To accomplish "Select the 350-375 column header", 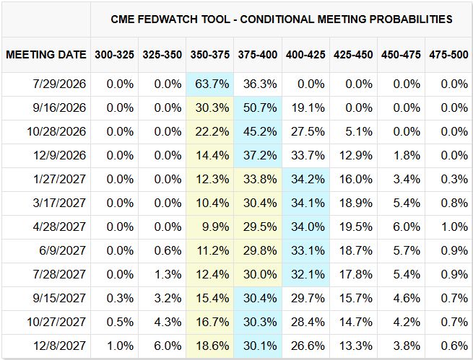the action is tap(210, 55).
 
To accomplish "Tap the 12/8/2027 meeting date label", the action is tap(59, 346).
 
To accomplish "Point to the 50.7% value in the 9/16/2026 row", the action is tap(260, 107).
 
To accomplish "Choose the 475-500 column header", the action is tap(448, 55).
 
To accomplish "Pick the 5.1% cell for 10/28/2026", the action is tap(359, 131).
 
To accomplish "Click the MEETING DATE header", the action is tap(46, 55).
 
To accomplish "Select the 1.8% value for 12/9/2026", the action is tap(407, 155).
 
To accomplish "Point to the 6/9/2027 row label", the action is tap(62, 250).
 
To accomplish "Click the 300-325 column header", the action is tap(114, 55).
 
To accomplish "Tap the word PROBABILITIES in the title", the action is tap(411, 19).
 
